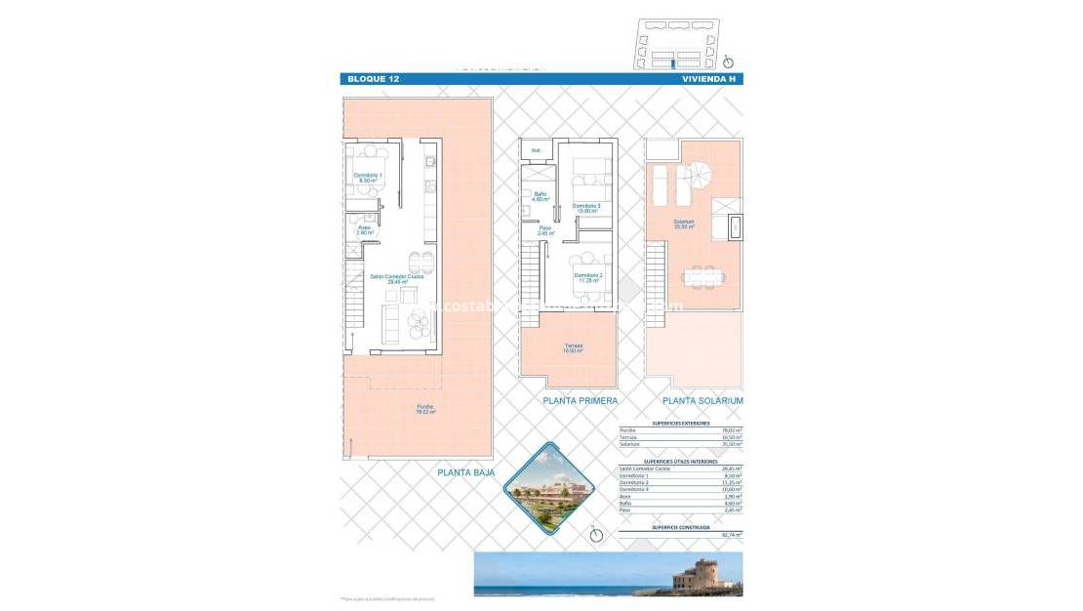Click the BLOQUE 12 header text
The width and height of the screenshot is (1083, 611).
373,78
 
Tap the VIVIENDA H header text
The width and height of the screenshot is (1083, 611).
709,78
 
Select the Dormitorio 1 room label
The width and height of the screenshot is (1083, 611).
368,178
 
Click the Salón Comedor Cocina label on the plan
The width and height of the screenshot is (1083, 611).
396,278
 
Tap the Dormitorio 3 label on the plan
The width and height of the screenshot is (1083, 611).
586,208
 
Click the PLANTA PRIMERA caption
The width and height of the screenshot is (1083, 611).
581,401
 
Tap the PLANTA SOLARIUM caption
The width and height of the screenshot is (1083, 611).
702,401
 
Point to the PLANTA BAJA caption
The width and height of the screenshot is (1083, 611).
465,472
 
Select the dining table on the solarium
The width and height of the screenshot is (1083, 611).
703,276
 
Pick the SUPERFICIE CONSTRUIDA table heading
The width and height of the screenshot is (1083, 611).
680,527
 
